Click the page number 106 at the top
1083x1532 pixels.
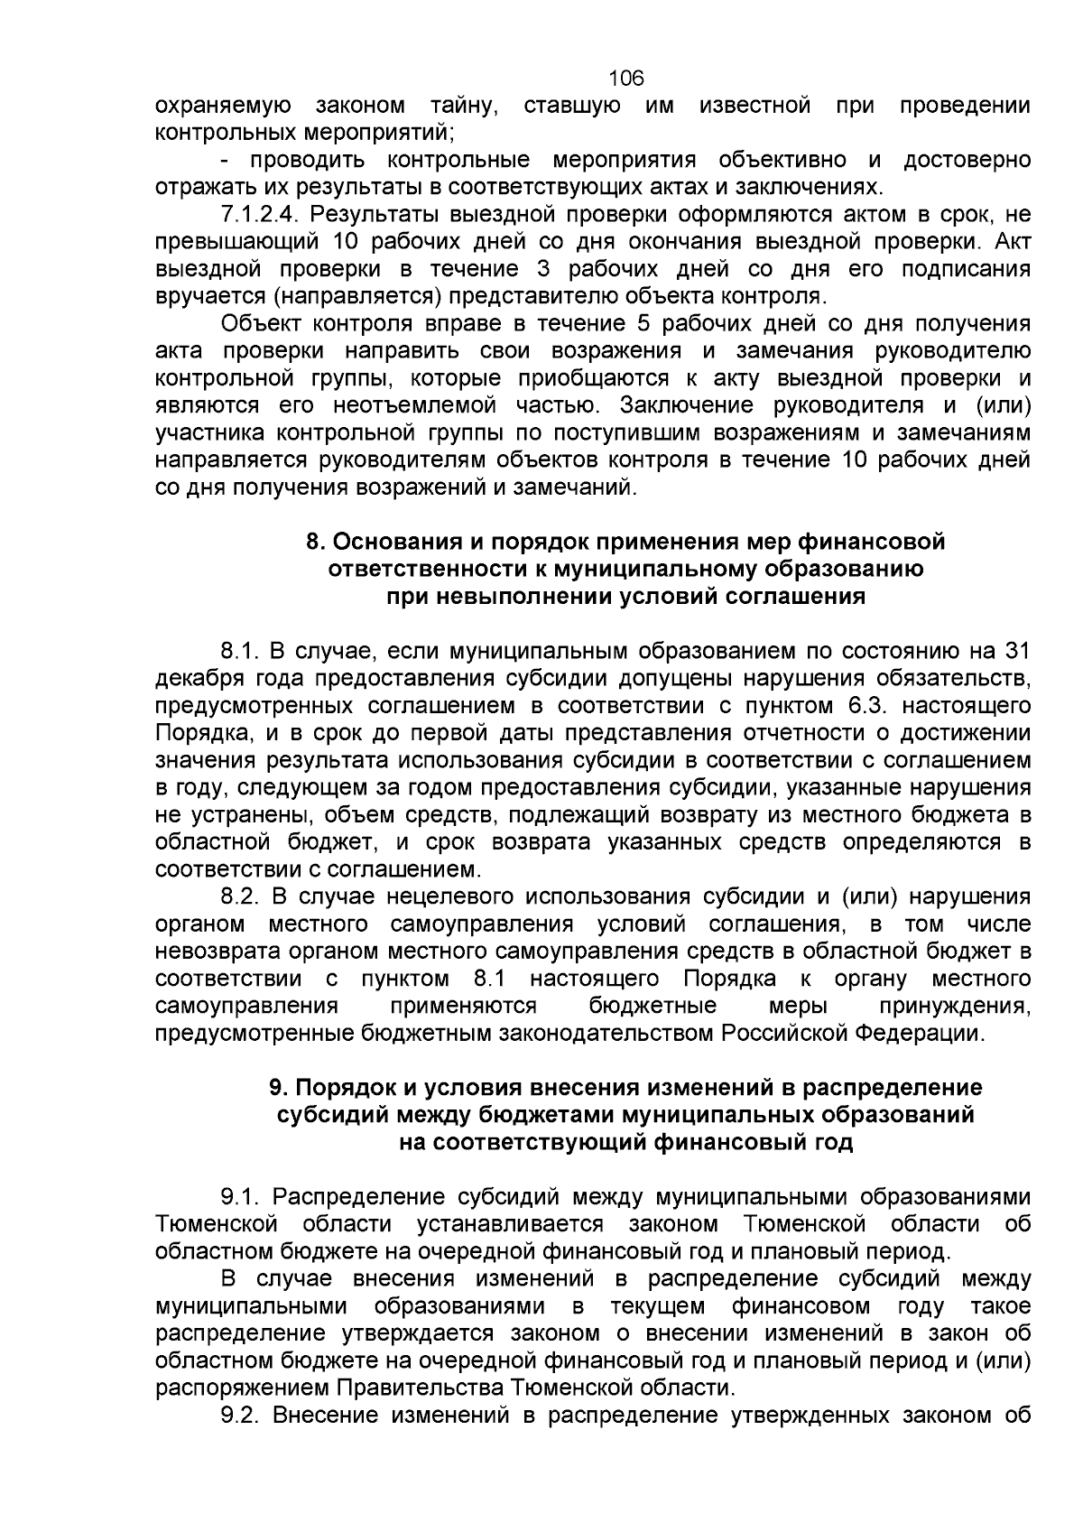(626, 79)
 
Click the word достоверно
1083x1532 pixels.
(967, 161)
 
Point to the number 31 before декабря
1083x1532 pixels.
(1016, 651)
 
